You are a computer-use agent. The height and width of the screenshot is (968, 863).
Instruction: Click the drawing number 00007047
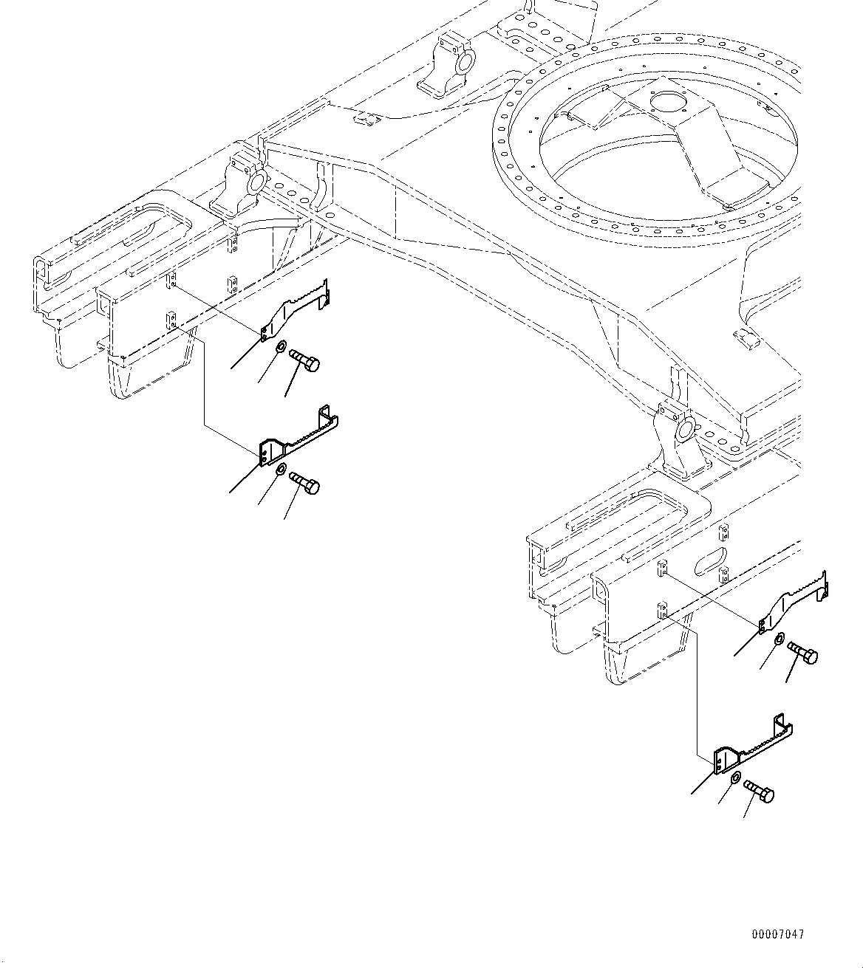(777, 934)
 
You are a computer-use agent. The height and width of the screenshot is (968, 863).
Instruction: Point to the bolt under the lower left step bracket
(304, 484)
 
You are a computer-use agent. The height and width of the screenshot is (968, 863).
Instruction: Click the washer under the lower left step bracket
(282, 470)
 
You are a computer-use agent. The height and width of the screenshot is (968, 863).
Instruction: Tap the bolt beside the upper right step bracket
(802, 652)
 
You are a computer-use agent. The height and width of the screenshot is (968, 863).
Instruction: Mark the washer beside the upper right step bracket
(780, 639)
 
